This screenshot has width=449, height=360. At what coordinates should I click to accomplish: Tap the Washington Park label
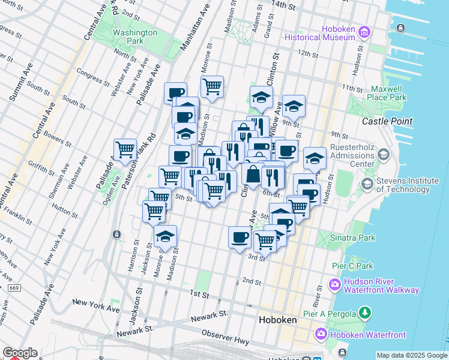[135, 37]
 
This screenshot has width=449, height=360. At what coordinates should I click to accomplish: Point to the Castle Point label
[387, 121]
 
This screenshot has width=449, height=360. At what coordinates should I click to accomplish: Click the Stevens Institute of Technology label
[407, 185]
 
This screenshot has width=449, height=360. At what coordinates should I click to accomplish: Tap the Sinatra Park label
[352, 238]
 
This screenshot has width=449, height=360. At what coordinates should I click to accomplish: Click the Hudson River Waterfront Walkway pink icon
[334, 284]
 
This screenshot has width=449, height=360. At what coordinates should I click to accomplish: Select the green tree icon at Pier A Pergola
[364, 312]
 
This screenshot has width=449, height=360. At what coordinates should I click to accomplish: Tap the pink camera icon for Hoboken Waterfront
[321, 334]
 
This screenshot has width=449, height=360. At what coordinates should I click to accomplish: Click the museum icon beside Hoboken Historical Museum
[364, 31]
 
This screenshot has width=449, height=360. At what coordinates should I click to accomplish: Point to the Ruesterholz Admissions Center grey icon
[384, 155]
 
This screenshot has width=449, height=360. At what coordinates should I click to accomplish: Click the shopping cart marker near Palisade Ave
[125, 149]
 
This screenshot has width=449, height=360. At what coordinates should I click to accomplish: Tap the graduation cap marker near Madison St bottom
[165, 236]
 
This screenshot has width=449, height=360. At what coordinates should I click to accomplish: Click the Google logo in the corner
[19, 353]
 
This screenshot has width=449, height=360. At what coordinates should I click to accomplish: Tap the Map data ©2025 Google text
[412, 355]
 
